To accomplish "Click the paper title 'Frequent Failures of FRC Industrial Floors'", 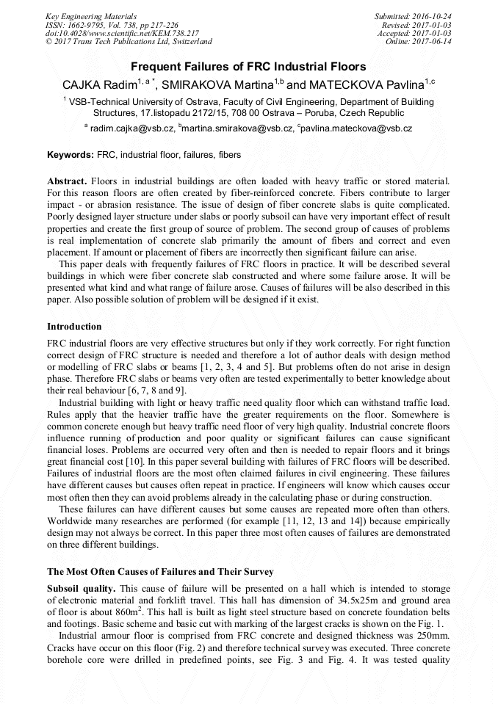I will tap(248, 67).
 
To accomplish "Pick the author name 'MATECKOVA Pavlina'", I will tap(375, 85).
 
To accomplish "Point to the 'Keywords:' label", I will tap(71, 156).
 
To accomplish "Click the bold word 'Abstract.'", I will tap(68, 181).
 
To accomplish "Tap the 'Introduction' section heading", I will tap(74, 326).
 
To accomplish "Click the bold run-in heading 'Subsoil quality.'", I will tap(81, 588).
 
